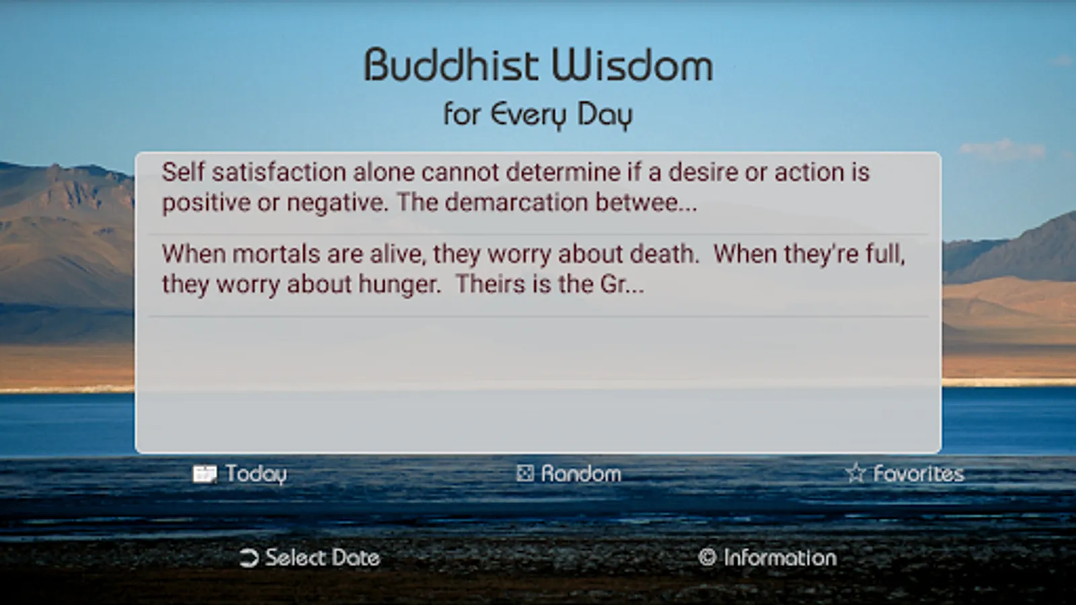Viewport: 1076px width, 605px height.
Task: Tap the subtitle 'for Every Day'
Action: click(538, 115)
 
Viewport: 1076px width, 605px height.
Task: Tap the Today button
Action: click(256, 474)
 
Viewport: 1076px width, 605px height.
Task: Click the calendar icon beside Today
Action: click(204, 474)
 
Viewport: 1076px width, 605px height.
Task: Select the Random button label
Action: click(581, 474)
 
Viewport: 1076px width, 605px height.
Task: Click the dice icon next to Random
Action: click(525, 473)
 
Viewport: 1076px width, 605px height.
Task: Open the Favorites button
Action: click(919, 474)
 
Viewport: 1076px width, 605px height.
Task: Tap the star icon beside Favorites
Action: click(855, 473)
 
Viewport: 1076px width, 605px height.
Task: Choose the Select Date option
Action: click(322, 558)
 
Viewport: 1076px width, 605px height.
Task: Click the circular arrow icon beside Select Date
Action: click(249, 558)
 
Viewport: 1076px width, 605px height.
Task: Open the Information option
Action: click(780, 558)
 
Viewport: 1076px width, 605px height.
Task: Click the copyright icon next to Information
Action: click(707, 557)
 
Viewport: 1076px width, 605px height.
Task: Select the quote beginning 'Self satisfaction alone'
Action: click(515, 188)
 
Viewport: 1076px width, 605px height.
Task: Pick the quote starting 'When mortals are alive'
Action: click(533, 269)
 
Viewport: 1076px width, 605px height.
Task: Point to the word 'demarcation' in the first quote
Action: click(516, 202)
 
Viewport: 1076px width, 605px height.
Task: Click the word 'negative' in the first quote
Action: click(337, 203)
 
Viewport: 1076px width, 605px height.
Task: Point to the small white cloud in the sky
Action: click(1002, 149)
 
